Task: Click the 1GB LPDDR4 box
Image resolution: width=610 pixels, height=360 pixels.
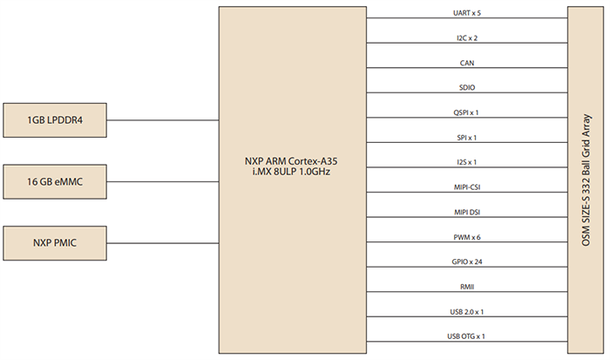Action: (x=55, y=119)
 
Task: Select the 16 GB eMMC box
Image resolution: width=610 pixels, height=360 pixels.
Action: (x=55, y=181)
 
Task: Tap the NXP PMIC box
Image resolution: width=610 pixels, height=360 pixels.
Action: (x=55, y=243)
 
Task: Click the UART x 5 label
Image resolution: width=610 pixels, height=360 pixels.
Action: (x=466, y=14)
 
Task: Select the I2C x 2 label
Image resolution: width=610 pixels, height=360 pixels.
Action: (x=466, y=39)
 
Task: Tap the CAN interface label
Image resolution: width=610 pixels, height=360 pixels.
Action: (x=466, y=64)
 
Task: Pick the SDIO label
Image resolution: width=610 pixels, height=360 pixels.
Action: (x=466, y=88)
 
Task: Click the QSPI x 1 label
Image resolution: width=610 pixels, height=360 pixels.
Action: (x=466, y=112)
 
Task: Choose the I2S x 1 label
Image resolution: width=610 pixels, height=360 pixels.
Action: (x=466, y=162)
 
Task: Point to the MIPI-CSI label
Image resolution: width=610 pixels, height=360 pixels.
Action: (x=466, y=187)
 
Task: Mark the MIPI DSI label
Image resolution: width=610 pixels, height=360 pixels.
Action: (x=466, y=212)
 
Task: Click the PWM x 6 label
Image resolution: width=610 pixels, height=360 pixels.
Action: (x=466, y=237)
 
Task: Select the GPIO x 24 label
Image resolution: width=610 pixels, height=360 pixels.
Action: (x=466, y=262)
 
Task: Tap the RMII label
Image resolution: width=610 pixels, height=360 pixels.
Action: (x=466, y=286)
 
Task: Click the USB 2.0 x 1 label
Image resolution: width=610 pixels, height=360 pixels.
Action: (x=466, y=311)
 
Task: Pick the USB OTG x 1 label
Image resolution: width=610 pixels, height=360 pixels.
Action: (x=466, y=336)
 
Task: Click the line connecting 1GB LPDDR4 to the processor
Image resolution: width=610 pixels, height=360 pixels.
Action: (x=163, y=119)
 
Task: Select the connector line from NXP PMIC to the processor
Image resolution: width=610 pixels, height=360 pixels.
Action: (x=163, y=243)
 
